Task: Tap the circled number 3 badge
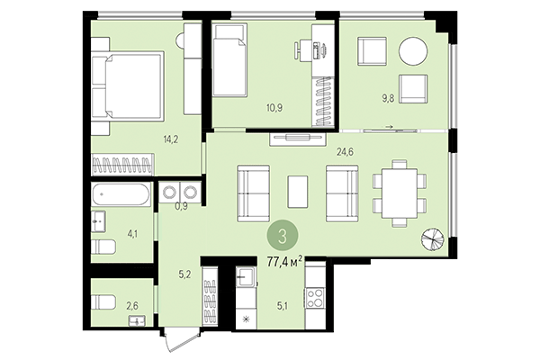[283, 237]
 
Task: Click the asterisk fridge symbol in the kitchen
[245, 319]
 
